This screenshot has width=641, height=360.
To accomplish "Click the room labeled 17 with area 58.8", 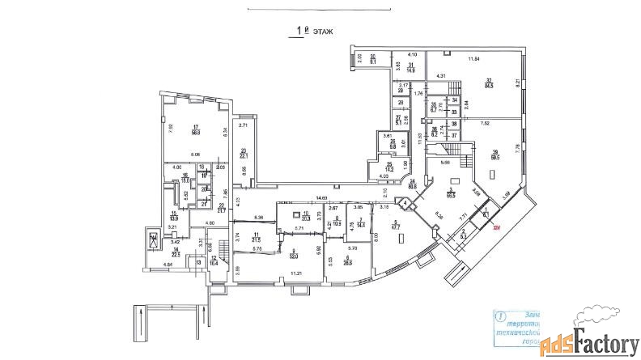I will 196,129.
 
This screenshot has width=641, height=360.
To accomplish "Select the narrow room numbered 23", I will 243,154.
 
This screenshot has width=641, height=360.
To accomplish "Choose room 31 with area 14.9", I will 411,68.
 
